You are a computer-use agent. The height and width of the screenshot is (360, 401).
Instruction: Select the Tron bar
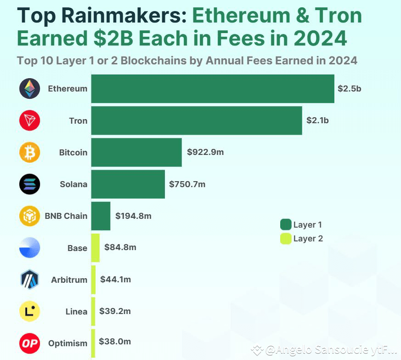(x=196, y=120)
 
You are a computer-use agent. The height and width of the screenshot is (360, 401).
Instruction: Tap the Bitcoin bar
(x=136, y=152)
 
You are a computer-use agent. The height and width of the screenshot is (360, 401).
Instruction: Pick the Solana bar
(x=128, y=184)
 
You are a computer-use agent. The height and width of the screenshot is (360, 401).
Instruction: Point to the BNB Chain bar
(x=101, y=216)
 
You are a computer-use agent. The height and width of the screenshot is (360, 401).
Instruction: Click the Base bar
(x=95, y=247)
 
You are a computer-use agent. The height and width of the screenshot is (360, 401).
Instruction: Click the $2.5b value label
(x=349, y=89)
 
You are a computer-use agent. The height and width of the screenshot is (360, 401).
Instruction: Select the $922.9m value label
(x=205, y=152)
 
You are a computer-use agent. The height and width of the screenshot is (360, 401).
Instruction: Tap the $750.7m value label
(x=187, y=184)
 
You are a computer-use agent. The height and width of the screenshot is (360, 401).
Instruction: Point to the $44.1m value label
(x=115, y=279)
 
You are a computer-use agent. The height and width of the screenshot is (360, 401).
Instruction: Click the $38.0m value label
(x=115, y=342)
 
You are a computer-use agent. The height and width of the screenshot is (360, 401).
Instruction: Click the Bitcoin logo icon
(x=30, y=152)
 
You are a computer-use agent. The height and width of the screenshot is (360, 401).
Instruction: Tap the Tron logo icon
(x=30, y=120)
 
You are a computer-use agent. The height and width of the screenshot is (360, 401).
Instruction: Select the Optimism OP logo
(x=30, y=343)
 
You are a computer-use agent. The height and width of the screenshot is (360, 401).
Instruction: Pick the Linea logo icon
(x=30, y=311)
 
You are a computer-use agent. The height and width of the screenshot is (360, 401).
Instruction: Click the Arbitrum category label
(x=69, y=280)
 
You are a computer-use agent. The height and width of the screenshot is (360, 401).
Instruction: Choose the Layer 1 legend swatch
(x=286, y=224)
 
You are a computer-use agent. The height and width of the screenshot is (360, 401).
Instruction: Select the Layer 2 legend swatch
(x=286, y=239)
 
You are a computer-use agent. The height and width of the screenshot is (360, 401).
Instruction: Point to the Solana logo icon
(x=30, y=184)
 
